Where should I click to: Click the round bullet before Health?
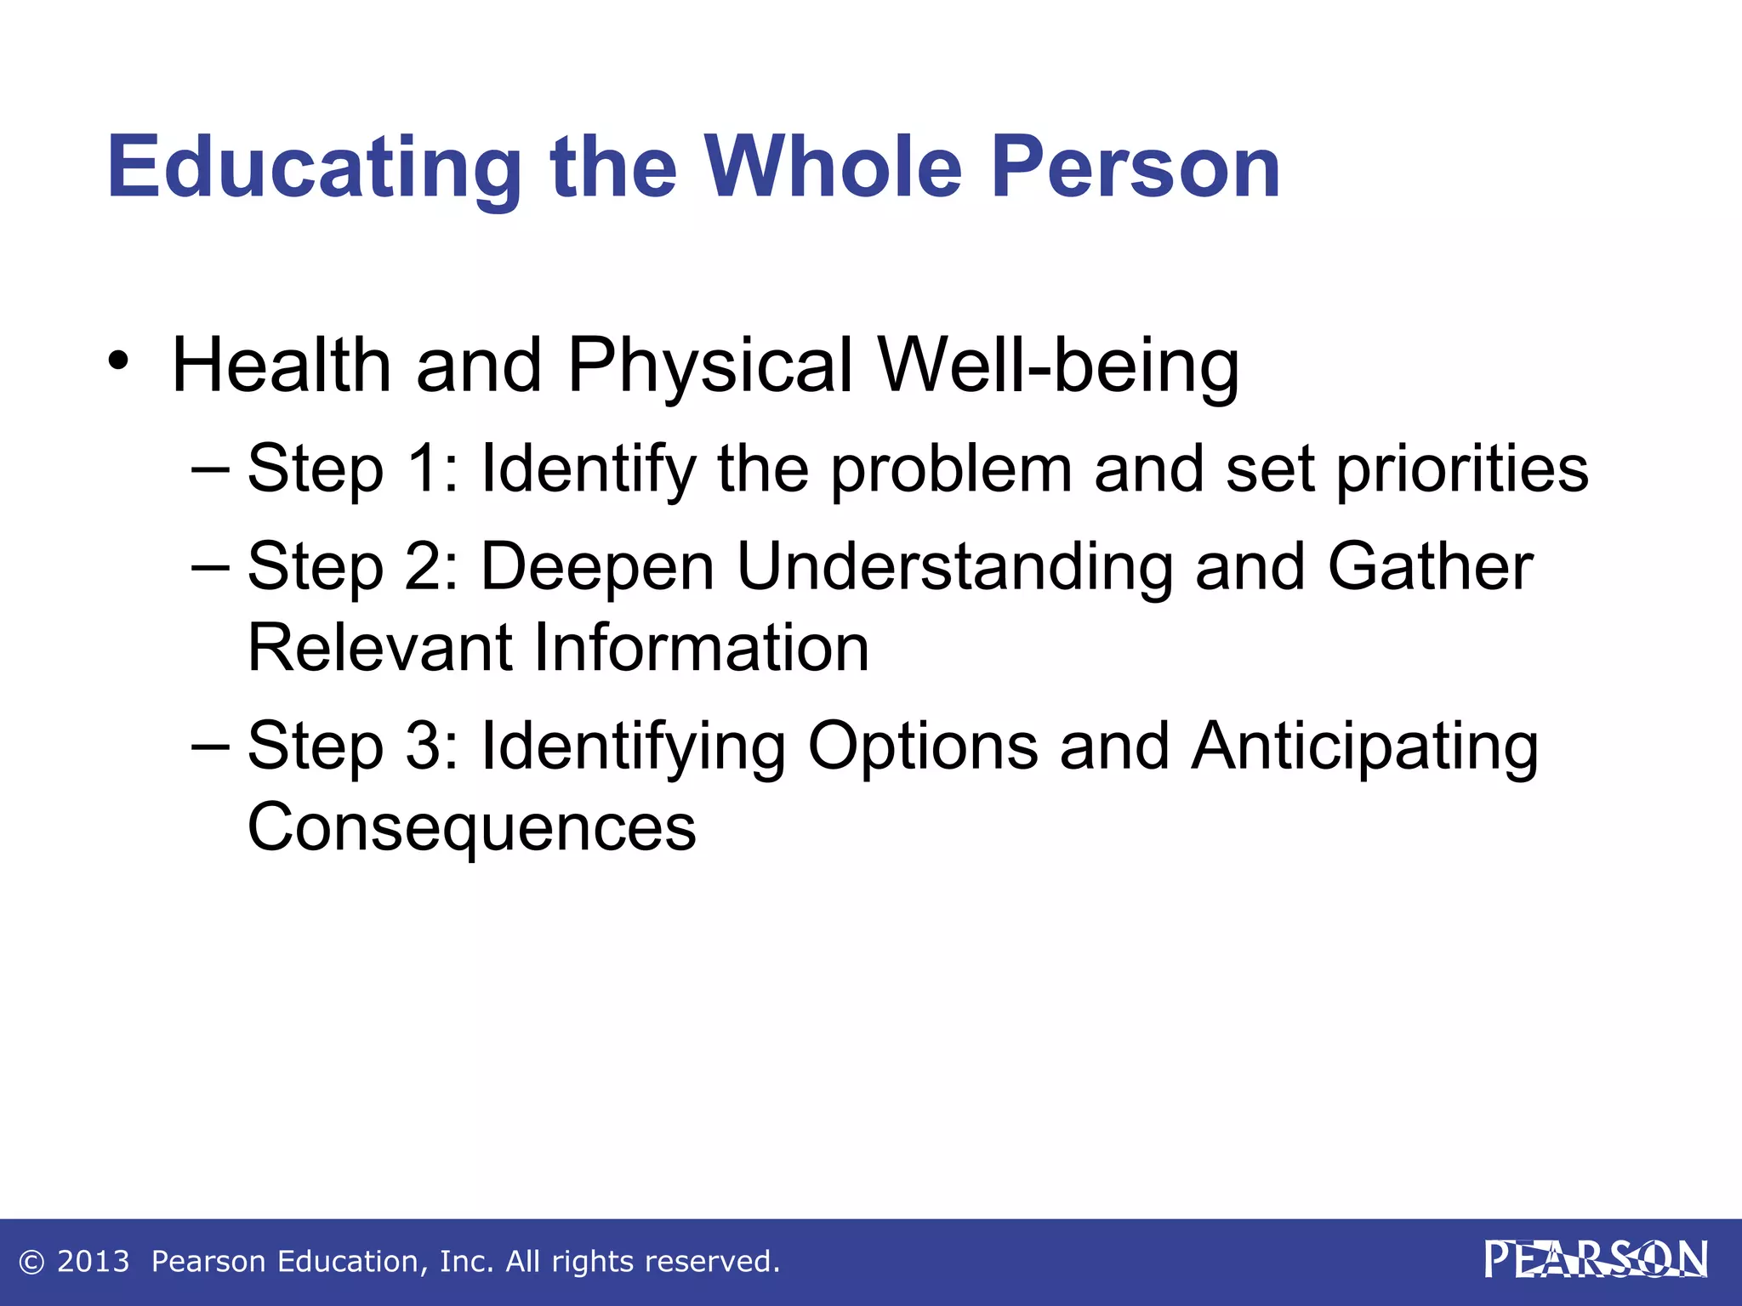(x=118, y=361)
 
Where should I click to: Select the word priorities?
(x=1461, y=470)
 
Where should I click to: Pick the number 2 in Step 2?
(x=424, y=566)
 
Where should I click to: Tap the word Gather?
(x=1430, y=566)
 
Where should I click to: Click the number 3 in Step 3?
(x=424, y=746)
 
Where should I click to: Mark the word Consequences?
(x=471, y=827)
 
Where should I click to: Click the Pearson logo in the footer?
(x=1596, y=1260)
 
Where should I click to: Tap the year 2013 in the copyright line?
(x=93, y=1262)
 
